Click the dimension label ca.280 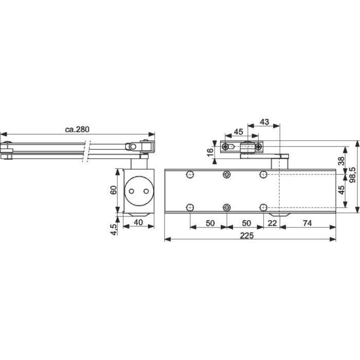coord(77,130)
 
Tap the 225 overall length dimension coord(247,236)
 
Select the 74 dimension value coord(307,223)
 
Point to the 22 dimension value coord(272,223)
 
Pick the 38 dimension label coord(341,161)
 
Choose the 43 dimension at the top coord(264,122)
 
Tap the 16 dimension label coord(210,152)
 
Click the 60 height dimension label coord(114,190)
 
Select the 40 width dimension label coord(138,222)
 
